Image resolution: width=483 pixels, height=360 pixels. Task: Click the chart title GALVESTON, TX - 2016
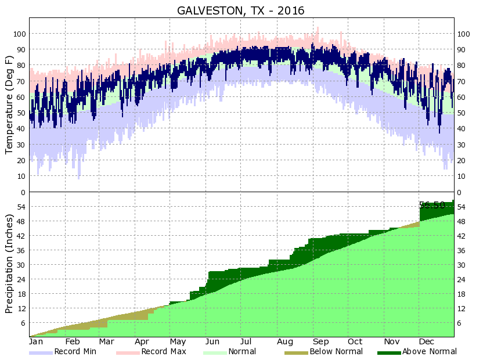tap(241, 10)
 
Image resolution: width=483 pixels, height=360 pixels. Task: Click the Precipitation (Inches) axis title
tap(9, 264)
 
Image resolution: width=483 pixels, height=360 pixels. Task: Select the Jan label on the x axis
tap(36, 341)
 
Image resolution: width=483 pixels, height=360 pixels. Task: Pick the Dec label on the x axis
tap(427, 341)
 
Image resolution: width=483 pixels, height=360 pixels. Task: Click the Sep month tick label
tap(320, 341)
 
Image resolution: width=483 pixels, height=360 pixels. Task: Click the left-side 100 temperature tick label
tap(20, 34)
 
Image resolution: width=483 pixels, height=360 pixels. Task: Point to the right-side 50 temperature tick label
tap(463, 113)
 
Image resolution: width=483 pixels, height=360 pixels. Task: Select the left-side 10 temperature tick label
tap(21, 176)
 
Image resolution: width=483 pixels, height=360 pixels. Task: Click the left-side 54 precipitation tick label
tap(21, 207)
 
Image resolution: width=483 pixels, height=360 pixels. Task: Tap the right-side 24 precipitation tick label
tap(463, 279)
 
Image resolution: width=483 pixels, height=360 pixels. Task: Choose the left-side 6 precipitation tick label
tap(23, 323)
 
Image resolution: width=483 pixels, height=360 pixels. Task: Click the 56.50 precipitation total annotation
tap(432, 205)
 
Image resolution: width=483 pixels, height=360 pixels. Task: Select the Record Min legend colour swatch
tap(41, 352)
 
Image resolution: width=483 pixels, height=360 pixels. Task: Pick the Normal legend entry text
tap(242, 351)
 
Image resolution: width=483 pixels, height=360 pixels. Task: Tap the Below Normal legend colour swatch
tap(296, 352)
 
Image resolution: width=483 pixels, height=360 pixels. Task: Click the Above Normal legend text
tap(430, 351)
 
